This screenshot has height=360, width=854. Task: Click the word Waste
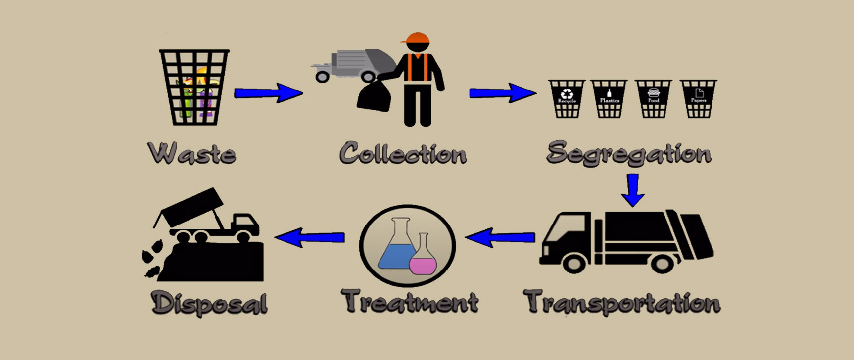[x=192, y=153]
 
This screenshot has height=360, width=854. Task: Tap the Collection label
[x=403, y=153]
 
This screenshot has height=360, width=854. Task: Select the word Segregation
[x=629, y=153]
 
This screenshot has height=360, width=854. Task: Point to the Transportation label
[x=622, y=302]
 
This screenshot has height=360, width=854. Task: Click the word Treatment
[x=410, y=301]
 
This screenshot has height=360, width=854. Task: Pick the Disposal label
[x=210, y=302]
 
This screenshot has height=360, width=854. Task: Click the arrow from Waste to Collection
[x=268, y=92]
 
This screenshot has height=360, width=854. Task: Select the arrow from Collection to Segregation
[x=502, y=92]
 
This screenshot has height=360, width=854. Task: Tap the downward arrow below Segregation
[x=633, y=189]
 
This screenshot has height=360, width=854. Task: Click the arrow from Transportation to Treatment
[x=500, y=238]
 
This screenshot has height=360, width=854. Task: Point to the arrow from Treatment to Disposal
[x=309, y=237]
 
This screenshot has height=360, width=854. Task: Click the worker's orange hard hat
[x=416, y=39]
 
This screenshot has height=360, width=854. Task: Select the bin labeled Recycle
[x=567, y=99]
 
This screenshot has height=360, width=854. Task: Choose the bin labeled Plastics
[x=609, y=99]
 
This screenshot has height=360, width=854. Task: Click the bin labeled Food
[x=653, y=99]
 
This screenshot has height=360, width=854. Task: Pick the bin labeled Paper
[x=698, y=99]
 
